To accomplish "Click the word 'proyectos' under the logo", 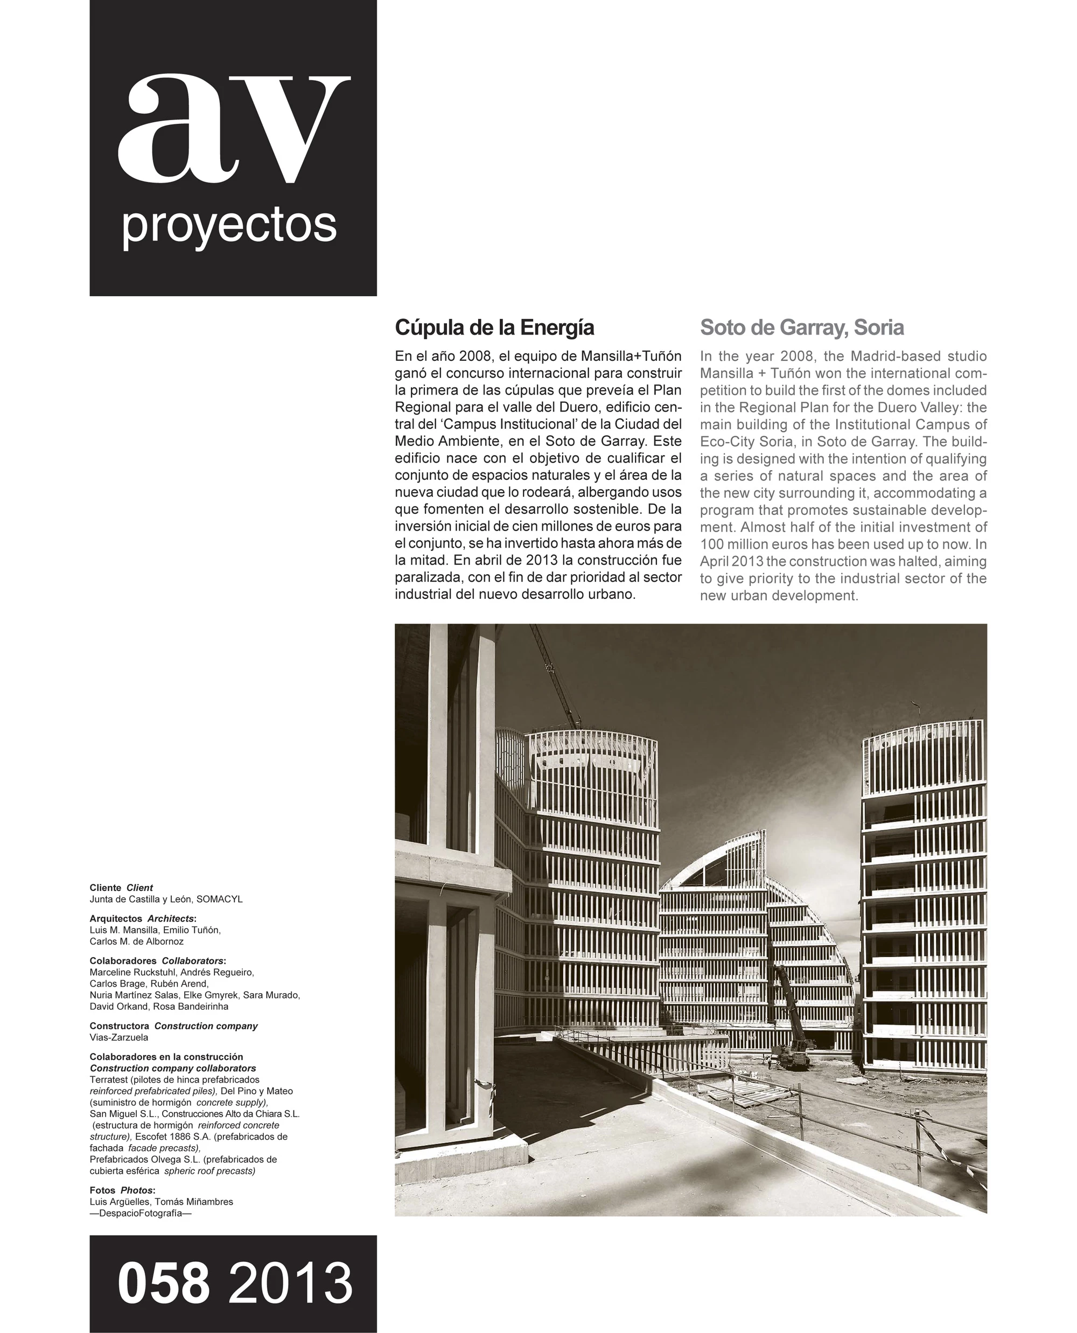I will click(229, 227).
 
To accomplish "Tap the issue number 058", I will click(164, 1283).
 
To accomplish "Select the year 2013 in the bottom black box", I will click(290, 1283).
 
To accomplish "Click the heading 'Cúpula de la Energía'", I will click(494, 327).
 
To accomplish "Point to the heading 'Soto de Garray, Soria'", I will click(801, 327).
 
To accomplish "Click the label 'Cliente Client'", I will click(121, 888).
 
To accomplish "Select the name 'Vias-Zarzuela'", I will click(119, 1037).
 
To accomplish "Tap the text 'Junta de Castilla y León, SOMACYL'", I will click(166, 898).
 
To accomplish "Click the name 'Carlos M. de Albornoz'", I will click(136, 941).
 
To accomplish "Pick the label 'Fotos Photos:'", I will click(122, 1190).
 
